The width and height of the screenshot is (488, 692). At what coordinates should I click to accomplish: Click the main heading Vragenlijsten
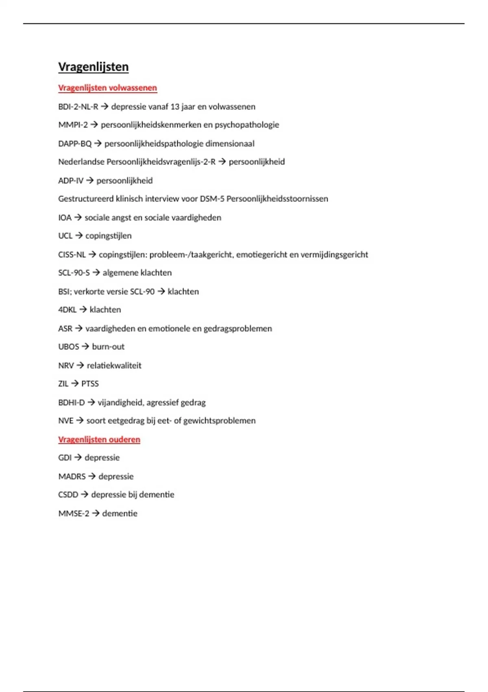click(93, 67)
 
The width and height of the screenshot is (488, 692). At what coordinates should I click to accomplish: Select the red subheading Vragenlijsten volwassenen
click(107, 88)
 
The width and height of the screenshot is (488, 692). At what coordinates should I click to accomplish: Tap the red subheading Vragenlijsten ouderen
click(99, 440)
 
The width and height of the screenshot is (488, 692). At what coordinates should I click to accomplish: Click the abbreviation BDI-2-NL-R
click(78, 107)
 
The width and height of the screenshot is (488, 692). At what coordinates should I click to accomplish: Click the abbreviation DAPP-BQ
click(75, 144)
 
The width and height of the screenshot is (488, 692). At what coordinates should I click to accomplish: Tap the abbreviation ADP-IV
click(71, 181)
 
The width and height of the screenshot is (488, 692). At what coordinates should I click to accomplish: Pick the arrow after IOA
click(78, 218)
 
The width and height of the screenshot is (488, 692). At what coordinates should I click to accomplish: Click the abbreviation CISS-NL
click(72, 255)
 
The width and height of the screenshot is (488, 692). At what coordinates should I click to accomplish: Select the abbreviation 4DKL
click(67, 310)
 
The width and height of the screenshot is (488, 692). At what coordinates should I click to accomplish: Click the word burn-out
click(108, 347)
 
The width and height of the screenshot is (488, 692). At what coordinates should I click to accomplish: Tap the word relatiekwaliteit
click(114, 366)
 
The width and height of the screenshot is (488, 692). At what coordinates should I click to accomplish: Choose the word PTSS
click(90, 384)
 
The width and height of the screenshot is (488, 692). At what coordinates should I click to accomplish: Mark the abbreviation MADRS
click(72, 477)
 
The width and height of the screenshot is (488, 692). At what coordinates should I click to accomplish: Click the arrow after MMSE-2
click(96, 514)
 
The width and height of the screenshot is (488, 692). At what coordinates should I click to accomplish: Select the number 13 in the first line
click(175, 107)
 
